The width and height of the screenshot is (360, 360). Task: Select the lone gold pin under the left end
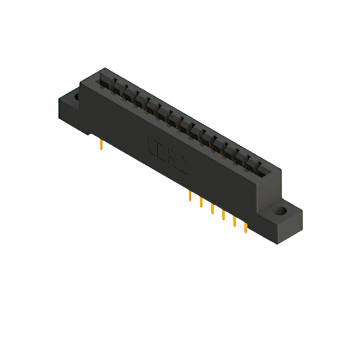(x=100, y=146)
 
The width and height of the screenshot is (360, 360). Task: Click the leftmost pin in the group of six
(x=190, y=196)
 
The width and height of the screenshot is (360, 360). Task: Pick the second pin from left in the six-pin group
(x=201, y=202)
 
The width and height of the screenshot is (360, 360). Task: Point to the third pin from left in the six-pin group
(x=212, y=209)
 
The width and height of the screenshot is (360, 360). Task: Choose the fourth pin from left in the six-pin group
(x=223, y=215)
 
